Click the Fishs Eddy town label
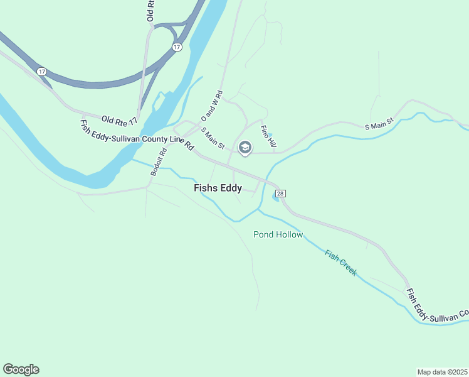218,188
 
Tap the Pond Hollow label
278,235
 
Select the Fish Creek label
341,263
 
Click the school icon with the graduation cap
245,148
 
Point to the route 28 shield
280,194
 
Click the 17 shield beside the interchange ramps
177,47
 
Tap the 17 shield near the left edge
41,72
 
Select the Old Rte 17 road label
119,119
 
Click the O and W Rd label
212,106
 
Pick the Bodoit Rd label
158,161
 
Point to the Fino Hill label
268,136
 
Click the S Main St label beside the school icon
213,138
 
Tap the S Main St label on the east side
379,123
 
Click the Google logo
21,369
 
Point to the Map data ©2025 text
443,372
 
